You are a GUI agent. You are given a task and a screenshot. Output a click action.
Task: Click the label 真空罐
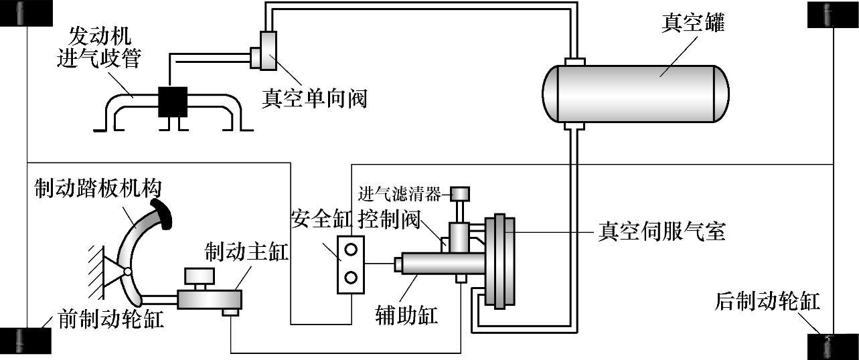pos(693,22)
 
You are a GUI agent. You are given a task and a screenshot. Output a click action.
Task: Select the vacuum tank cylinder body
pos(635,94)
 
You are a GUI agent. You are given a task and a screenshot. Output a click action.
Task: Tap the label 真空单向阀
pos(315,98)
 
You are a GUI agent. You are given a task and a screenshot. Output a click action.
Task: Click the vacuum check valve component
pos(264,51)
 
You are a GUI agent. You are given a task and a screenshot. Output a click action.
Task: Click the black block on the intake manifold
pos(173,102)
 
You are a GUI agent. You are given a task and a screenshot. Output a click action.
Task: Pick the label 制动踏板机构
pos(98,188)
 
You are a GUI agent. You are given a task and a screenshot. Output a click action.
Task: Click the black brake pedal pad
pos(162,215)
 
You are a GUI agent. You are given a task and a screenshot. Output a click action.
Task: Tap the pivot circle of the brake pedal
pos(128,272)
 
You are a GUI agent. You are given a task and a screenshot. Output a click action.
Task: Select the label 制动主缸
pos(246,252)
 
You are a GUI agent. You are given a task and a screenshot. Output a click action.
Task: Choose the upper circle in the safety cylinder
pos(351,250)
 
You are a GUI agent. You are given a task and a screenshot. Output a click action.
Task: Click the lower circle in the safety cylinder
pos(351,277)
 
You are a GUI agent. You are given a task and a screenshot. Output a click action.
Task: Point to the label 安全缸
pos(321,219)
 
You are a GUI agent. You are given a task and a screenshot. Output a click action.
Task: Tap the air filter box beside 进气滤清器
pos(460,194)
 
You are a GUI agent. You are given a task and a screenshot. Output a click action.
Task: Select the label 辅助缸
pos(406,315)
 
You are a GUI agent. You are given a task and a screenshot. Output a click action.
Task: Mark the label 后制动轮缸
pos(767,301)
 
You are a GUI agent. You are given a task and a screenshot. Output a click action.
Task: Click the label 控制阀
pos(389,219)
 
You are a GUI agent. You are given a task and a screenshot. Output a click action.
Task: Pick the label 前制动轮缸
pos(111,319)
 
